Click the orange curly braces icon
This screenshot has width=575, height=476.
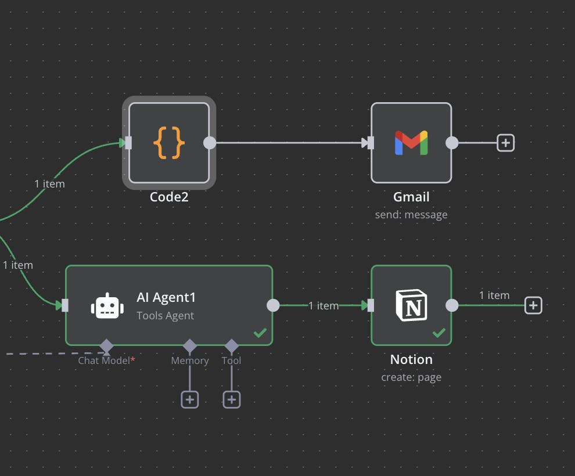[169, 142]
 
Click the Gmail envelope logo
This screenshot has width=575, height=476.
[411, 143]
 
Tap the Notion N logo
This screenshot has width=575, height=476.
[411, 305]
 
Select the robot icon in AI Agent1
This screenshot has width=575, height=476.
[107, 306]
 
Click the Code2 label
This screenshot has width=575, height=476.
[169, 197]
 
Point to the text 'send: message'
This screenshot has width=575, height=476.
[411, 215]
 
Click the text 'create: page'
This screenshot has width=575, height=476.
[411, 377]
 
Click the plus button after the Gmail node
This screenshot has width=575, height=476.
[506, 142]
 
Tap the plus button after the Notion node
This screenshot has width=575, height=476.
[533, 305]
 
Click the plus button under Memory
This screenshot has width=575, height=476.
[190, 399]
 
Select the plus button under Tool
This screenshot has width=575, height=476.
[232, 399]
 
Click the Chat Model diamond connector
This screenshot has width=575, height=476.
[106, 347]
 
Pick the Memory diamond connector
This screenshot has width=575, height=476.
[190, 347]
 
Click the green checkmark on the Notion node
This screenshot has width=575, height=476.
[439, 333]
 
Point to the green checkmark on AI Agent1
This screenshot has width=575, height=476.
[260, 333]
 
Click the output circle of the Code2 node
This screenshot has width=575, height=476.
[210, 143]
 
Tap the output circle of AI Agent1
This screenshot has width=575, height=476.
[273, 305]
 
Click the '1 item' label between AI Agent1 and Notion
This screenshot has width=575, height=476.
[324, 305]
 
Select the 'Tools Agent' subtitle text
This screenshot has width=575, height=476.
[166, 316]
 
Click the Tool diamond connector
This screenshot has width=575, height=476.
[232, 347]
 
